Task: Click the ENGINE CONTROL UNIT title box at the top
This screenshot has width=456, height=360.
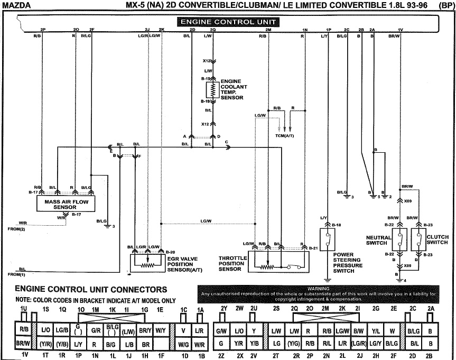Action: (x=228, y=22)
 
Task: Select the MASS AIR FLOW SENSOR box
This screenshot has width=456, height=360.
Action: (x=61, y=204)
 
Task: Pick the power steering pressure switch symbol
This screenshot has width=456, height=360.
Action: (x=328, y=241)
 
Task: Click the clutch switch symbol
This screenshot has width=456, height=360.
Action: (x=419, y=241)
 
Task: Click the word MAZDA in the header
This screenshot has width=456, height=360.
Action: (x=17, y=5)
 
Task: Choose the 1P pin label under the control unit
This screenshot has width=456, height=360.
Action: (x=328, y=30)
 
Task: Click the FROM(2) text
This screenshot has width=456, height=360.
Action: (x=16, y=229)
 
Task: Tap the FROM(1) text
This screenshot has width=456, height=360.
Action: (x=16, y=274)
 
